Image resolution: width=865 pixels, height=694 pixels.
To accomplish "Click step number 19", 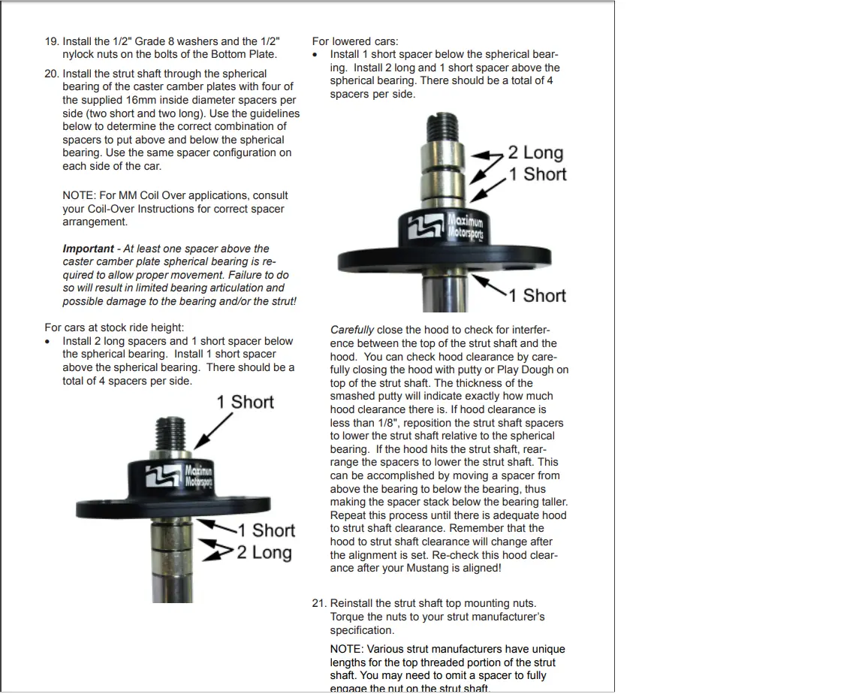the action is click(52, 41).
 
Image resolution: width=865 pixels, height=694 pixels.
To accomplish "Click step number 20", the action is click(52, 74).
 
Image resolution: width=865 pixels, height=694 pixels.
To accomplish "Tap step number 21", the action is click(319, 604).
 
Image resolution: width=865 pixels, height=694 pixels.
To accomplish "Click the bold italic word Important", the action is click(89, 249).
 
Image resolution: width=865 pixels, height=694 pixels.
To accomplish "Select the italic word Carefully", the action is click(352, 330).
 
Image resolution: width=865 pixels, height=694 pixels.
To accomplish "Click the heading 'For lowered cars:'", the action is click(354, 41).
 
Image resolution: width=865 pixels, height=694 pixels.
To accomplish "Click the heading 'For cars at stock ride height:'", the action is click(114, 327).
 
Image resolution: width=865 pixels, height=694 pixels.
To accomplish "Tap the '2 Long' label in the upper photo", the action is click(535, 152).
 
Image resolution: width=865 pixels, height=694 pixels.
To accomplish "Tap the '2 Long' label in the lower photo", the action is click(264, 552).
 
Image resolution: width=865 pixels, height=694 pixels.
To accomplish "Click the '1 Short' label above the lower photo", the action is click(245, 402).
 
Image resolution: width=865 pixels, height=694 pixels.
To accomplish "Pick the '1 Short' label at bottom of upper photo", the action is click(538, 296).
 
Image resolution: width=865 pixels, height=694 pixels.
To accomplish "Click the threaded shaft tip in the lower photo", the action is click(171, 433).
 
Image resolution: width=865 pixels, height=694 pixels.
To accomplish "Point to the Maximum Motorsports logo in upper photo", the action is click(446, 225).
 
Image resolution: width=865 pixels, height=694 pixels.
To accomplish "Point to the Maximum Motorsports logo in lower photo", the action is click(179, 475).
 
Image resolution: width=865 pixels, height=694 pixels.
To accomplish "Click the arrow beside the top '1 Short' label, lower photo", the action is click(213, 430).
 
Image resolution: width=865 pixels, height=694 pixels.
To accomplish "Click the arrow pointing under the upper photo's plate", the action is click(489, 285).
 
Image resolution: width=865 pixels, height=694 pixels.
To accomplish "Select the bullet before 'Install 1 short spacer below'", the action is click(315, 55).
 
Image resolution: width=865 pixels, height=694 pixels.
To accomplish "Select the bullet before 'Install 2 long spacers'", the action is click(47, 342).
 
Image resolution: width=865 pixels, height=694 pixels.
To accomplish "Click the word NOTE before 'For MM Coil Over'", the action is click(80, 196).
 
